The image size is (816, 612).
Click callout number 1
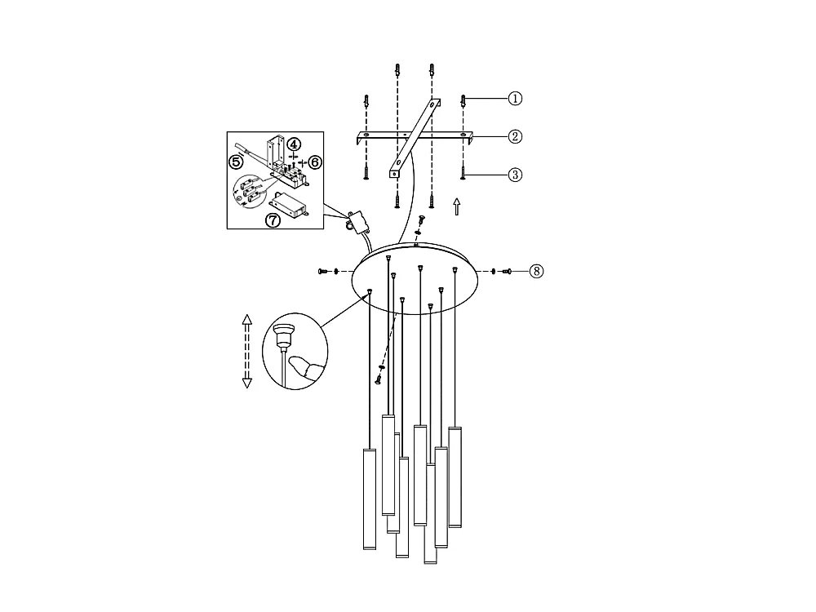click(515, 99)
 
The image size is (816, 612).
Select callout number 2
click(515, 136)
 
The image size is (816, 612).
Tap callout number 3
click(515, 175)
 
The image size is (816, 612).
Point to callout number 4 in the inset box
click(294, 144)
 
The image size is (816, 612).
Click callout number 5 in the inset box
click(237, 162)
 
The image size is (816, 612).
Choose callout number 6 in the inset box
click(315, 162)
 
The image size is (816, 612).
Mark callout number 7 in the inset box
click(273, 220)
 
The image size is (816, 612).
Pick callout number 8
click(537, 271)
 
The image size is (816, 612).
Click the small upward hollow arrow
click(457, 206)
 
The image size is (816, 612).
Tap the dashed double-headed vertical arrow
click(247, 351)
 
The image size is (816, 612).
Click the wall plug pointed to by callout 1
click(463, 101)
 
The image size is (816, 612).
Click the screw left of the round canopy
click(323, 271)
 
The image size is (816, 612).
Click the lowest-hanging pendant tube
click(430, 513)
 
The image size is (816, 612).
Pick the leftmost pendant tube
click(370, 499)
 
